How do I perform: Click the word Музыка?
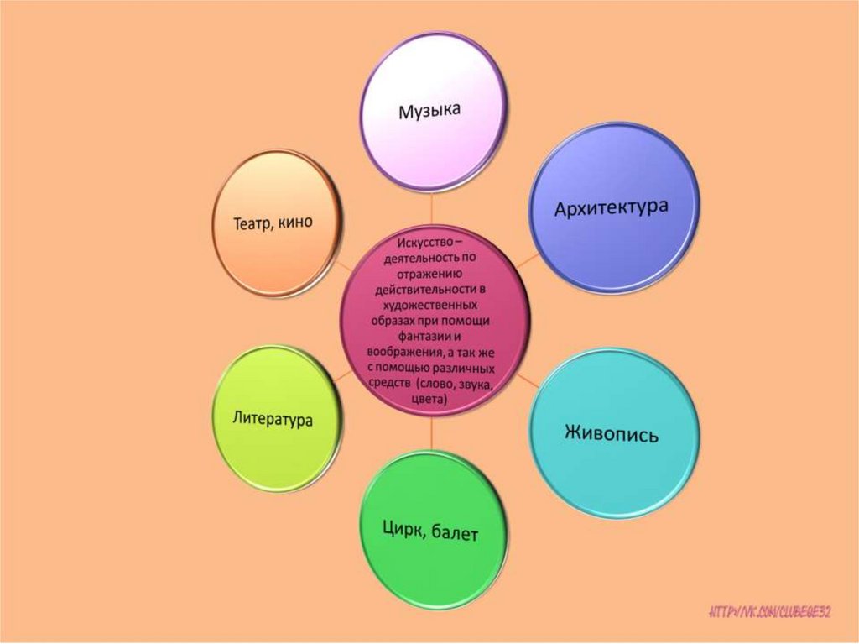point(430,110)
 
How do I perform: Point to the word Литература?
point(273,416)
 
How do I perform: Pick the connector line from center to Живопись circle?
point(527,380)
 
